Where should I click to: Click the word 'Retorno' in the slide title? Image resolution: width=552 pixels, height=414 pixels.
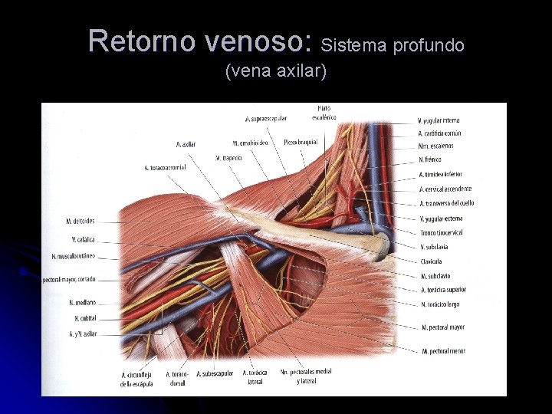[142, 41]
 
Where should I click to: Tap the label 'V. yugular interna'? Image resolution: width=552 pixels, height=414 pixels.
[439, 120]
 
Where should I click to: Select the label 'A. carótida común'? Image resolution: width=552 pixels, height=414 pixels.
[439, 133]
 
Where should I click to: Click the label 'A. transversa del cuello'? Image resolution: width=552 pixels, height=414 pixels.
[446, 203]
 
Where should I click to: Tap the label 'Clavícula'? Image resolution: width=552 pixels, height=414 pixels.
[431, 261]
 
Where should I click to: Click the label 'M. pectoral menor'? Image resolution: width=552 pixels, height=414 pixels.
[443, 351]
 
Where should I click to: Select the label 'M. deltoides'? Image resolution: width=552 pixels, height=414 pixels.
[80, 222]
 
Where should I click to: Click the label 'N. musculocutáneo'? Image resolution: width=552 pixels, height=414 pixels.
[74, 256]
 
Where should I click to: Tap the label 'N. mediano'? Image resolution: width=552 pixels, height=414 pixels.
[82, 303]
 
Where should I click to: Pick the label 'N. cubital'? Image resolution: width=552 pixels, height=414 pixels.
[84, 318]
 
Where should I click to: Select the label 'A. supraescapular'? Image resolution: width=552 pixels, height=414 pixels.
[266, 119]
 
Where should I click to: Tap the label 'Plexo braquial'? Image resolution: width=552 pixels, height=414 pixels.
[300, 143]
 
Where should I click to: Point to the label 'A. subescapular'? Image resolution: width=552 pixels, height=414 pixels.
[215, 374]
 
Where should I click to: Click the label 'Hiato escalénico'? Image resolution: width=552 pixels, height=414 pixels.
[324, 112]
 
